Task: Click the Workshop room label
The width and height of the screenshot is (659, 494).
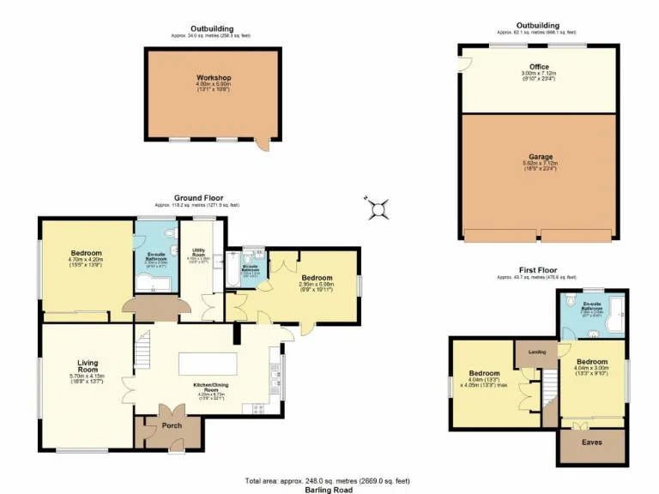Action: (213, 78)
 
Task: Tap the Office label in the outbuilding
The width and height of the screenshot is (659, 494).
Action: (539, 66)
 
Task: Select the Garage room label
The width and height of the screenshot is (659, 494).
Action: (540, 157)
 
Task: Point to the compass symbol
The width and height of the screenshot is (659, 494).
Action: (378, 208)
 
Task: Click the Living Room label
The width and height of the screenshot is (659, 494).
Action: (88, 366)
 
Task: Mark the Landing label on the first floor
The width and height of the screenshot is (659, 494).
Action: (537, 352)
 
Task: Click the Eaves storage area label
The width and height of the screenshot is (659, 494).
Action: (592, 443)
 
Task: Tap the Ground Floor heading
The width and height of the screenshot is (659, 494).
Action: (198, 197)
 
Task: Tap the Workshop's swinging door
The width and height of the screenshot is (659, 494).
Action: (263, 145)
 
